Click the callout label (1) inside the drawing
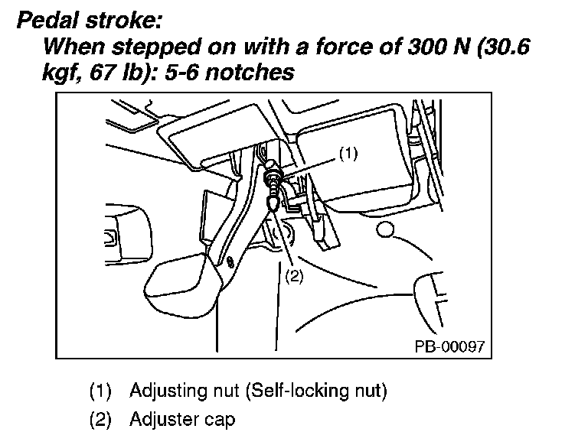pyautogui.click(x=348, y=153)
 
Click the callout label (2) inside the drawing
pyautogui.click(x=294, y=277)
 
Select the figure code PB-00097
pyautogui.click(x=449, y=346)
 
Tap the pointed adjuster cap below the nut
pyautogui.click(x=273, y=204)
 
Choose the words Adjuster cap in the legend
pyautogui.click(x=182, y=420)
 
